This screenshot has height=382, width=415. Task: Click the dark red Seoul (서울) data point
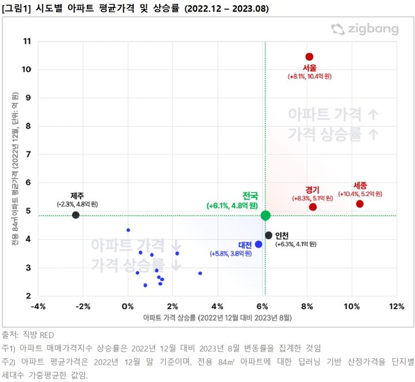[309, 57]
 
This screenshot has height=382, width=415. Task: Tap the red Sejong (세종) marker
[360, 204]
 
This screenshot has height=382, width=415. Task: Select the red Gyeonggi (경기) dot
[313, 207]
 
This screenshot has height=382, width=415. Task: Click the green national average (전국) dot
[265, 215]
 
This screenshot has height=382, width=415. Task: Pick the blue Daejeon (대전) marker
[258, 244]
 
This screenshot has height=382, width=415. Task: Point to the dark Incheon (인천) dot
[269, 235]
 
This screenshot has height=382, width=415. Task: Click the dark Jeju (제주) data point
[76, 215]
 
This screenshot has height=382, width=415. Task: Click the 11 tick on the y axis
[27, 41]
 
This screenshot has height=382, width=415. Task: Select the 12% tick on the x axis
[397, 306]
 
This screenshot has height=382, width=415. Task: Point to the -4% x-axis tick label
[38, 306]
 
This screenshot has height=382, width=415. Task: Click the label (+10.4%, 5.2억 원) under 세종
[360, 194]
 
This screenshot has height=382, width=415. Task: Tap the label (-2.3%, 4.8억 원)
[77, 204]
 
